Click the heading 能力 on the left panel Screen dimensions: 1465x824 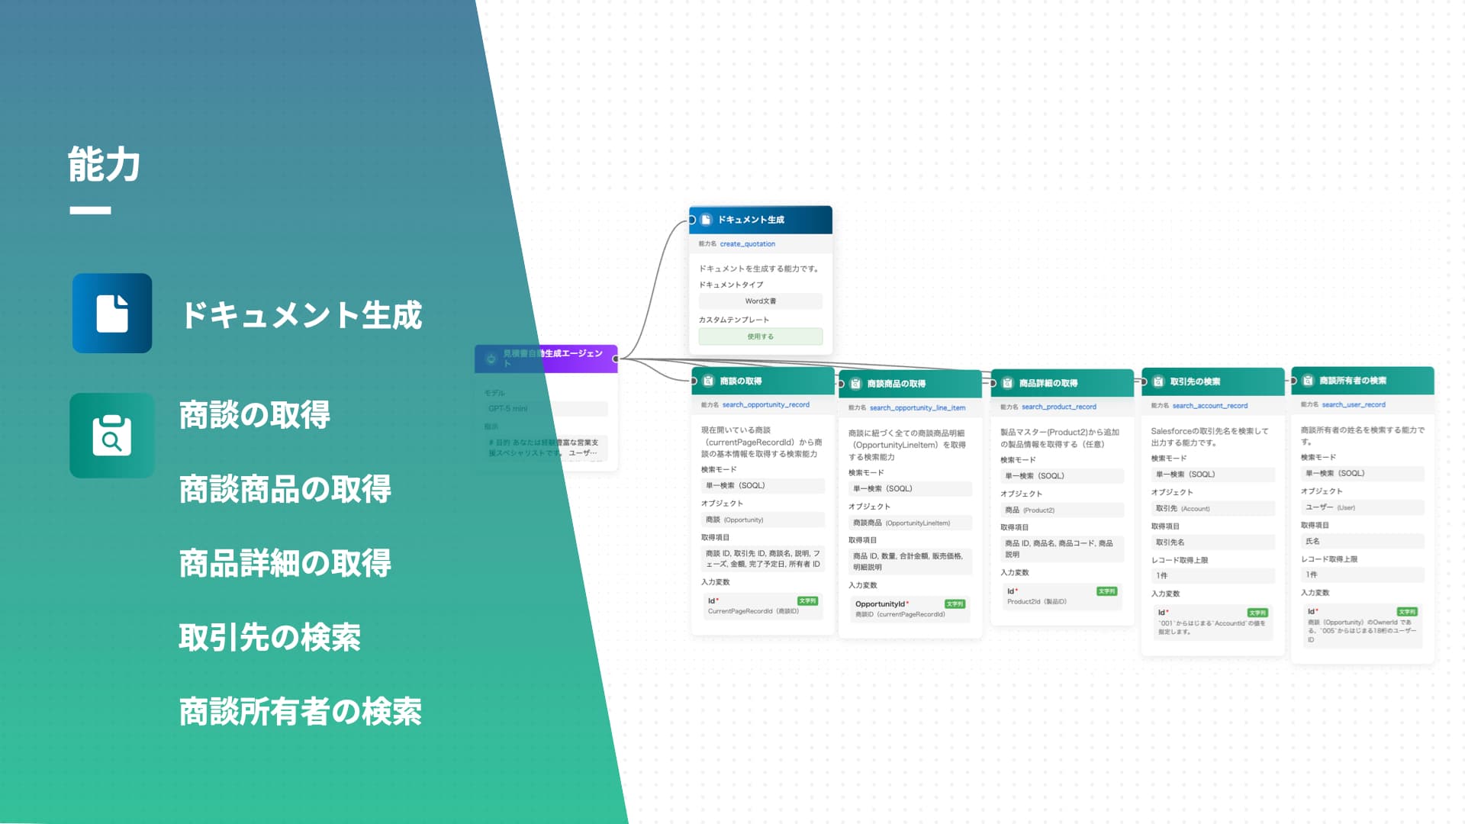coord(104,165)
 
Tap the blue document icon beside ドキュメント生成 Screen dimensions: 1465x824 coord(112,313)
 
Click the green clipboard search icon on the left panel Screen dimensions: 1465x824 coord(111,436)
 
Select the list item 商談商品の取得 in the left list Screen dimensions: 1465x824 coord(285,489)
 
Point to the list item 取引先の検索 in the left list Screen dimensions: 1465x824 coord(269,637)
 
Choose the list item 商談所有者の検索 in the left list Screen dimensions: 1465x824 coord(300,711)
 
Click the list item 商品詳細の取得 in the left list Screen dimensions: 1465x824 coord(285,563)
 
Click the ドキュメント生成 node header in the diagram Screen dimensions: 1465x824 coord(760,220)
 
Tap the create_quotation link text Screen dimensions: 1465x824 coord(747,244)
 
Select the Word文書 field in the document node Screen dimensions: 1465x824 coord(760,301)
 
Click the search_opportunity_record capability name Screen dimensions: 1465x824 coord(765,405)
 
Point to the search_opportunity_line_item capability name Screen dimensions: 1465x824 coord(917,408)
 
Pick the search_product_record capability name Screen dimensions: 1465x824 coord(1058,407)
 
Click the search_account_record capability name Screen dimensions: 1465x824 coord(1209,406)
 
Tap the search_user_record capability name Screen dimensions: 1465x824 coord(1353,405)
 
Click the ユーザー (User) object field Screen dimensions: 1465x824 coord(1361,507)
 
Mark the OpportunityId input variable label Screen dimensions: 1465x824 coord(881,604)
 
